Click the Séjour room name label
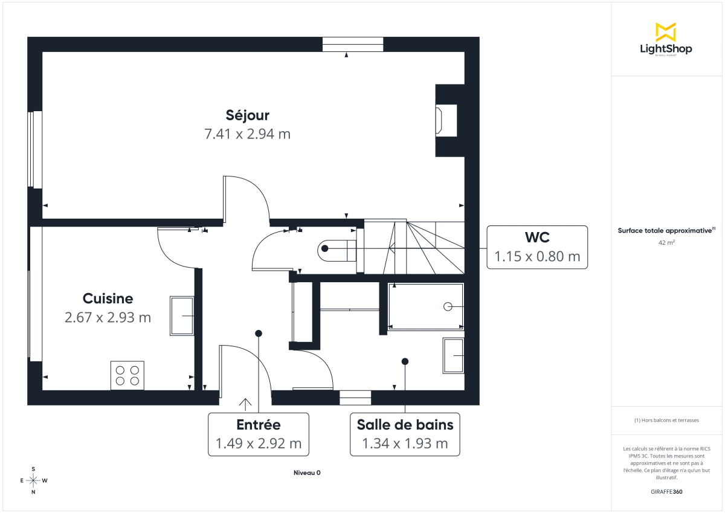click(x=248, y=115)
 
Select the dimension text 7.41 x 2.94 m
click(x=248, y=134)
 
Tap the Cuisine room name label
click(x=108, y=298)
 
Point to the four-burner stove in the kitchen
click(x=127, y=375)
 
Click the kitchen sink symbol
click(x=182, y=315)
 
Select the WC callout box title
click(x=537, y=237)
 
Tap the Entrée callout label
click(x=259, y=424)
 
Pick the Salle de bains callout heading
click(x=405, y=424)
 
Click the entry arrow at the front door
click(x=245, y=404)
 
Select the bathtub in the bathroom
click(x=425, y=306)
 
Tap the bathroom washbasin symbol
click(x=453, y=355)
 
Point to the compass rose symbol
click(x=33, y=480)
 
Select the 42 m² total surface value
click(x=666, y=242)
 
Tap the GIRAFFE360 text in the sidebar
click(x=666, y=492)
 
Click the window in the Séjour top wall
click(x=353, y=44)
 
